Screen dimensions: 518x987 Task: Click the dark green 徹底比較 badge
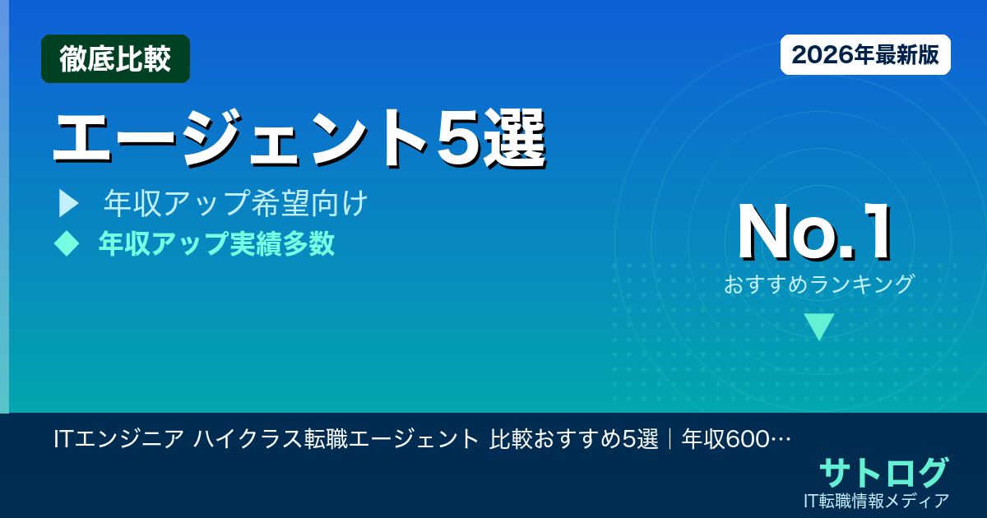pos(115,58)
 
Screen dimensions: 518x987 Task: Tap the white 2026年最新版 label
pos(865,55)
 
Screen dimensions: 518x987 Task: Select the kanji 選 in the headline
pos(514,137)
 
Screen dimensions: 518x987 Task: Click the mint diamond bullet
pos(66,243)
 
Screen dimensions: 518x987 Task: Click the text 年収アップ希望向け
pos(235,204)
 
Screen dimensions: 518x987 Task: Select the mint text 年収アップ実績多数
pos(216,243)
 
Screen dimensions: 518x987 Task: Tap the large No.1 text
pos(814,233)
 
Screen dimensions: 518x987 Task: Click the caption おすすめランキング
pos(819,284)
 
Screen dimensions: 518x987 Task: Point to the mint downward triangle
pos(819,326)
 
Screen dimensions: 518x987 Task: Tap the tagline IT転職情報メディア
pos(878,500)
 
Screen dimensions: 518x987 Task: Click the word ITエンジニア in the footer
pos(118,439)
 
